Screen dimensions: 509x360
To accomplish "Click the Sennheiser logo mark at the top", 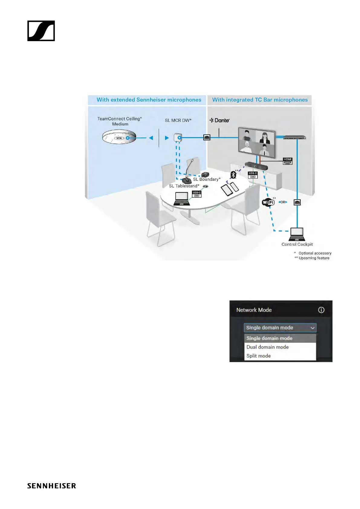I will coord(41,31).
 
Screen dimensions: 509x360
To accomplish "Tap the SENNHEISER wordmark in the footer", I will coord(51,486).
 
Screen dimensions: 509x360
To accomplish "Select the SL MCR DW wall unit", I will coord(178,138).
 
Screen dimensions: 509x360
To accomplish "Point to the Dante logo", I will coord(220,120).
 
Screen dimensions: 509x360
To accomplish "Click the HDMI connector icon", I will coord(287,161).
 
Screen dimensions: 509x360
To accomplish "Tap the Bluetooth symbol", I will coord(233,175).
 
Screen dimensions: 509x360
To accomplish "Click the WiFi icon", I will coord(268,202).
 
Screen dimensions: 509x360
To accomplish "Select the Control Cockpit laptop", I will coord(297,234).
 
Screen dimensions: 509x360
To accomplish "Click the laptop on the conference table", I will coord(182,199).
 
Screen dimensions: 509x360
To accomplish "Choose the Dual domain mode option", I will coord(268,347).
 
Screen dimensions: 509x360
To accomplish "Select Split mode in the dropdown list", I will coord(259,356).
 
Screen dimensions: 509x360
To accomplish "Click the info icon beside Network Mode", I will coord(321,310).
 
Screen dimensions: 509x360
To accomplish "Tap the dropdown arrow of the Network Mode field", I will coord(313,328).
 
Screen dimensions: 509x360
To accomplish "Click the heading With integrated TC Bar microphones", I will coord(260,100).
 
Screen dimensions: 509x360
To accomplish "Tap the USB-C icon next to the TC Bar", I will coord(253,175).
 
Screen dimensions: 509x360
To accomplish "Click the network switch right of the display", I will coord(294,138).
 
